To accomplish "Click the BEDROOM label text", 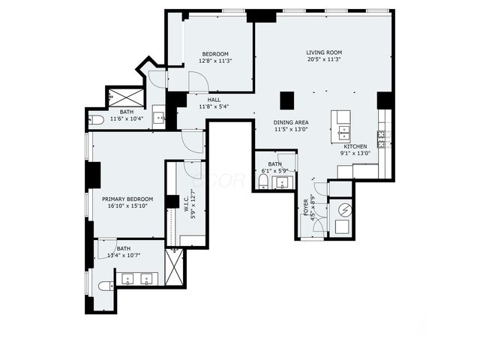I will point(214,54).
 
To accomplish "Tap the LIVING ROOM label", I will point(323,52).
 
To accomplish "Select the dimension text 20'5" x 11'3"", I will point(323,60).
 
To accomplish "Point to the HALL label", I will point(214,99).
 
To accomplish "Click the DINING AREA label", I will point(291,121).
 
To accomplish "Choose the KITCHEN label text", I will point(355,146).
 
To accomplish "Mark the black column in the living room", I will point(286,100).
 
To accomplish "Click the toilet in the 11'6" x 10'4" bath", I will point(96,119).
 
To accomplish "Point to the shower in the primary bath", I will point(174,266).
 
